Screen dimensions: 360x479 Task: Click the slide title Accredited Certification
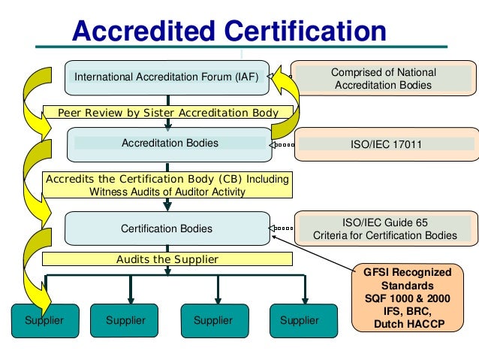click(x=228, y=32)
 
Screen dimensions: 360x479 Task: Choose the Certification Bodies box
click(x=167, y=228)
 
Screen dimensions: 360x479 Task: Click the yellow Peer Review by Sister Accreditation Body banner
click(x=167, y=113)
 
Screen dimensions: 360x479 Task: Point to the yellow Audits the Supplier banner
click(x=167, y=259)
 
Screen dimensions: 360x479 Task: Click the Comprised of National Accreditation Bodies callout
click(x=383, y=79)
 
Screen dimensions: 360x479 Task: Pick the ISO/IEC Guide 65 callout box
click(x=384, y=228)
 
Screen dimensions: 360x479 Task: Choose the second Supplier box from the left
click(x=125, y=320)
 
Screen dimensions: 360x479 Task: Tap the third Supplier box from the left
click(x=212, y=320)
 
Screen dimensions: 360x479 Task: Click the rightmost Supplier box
click(x=299, y=320)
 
